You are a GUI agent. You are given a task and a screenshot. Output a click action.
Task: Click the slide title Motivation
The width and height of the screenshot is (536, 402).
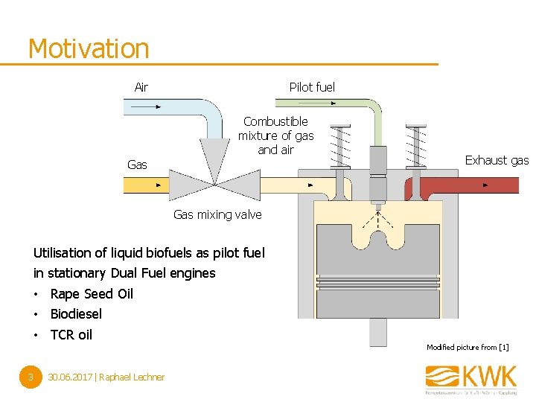tap(89, 49)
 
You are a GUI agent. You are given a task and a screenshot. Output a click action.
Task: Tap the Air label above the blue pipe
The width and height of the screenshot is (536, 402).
tap(141, 87)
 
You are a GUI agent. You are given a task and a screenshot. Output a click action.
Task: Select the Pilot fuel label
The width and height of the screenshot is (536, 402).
tap(312, 87)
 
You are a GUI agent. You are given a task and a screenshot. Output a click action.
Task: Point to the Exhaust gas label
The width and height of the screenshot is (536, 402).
tap(497, 160)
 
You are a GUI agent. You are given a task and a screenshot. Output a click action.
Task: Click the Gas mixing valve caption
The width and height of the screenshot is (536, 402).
tap(217, 214)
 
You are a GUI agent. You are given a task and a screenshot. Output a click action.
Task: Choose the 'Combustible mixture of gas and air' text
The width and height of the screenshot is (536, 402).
tap(275, 135)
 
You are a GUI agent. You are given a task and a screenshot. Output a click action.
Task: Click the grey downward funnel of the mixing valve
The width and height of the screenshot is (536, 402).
tap(214, 156)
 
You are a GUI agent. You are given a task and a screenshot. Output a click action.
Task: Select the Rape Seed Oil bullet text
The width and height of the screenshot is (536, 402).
tap(92, 293)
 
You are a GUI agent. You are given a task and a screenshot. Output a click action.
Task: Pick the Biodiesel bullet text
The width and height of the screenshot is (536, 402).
tap(76, 314)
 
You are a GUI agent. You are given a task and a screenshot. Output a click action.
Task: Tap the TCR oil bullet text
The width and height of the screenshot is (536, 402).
tap(71, 335)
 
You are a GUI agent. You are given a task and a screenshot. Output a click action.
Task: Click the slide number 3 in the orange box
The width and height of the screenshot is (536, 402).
tap(29, 377)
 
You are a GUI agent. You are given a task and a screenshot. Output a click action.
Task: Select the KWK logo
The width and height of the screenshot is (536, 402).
tap(470, 377)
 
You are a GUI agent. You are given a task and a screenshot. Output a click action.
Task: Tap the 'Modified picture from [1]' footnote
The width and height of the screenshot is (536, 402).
tap(468, 348)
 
